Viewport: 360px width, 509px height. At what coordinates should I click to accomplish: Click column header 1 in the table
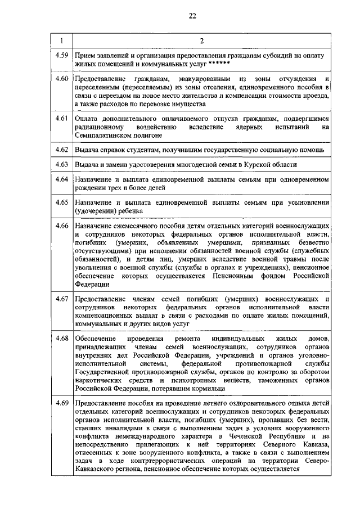61,40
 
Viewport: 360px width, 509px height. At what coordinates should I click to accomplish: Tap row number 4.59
62,55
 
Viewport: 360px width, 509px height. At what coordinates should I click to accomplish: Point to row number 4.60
62,78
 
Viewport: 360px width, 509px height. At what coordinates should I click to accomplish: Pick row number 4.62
62,150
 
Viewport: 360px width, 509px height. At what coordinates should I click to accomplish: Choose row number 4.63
62,164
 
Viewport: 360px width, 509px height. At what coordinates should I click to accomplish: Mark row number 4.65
62,201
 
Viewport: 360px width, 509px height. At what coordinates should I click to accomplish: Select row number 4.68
62,337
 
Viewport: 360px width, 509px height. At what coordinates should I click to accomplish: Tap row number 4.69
62,403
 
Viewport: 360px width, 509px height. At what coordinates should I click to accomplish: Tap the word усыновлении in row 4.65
304,201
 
